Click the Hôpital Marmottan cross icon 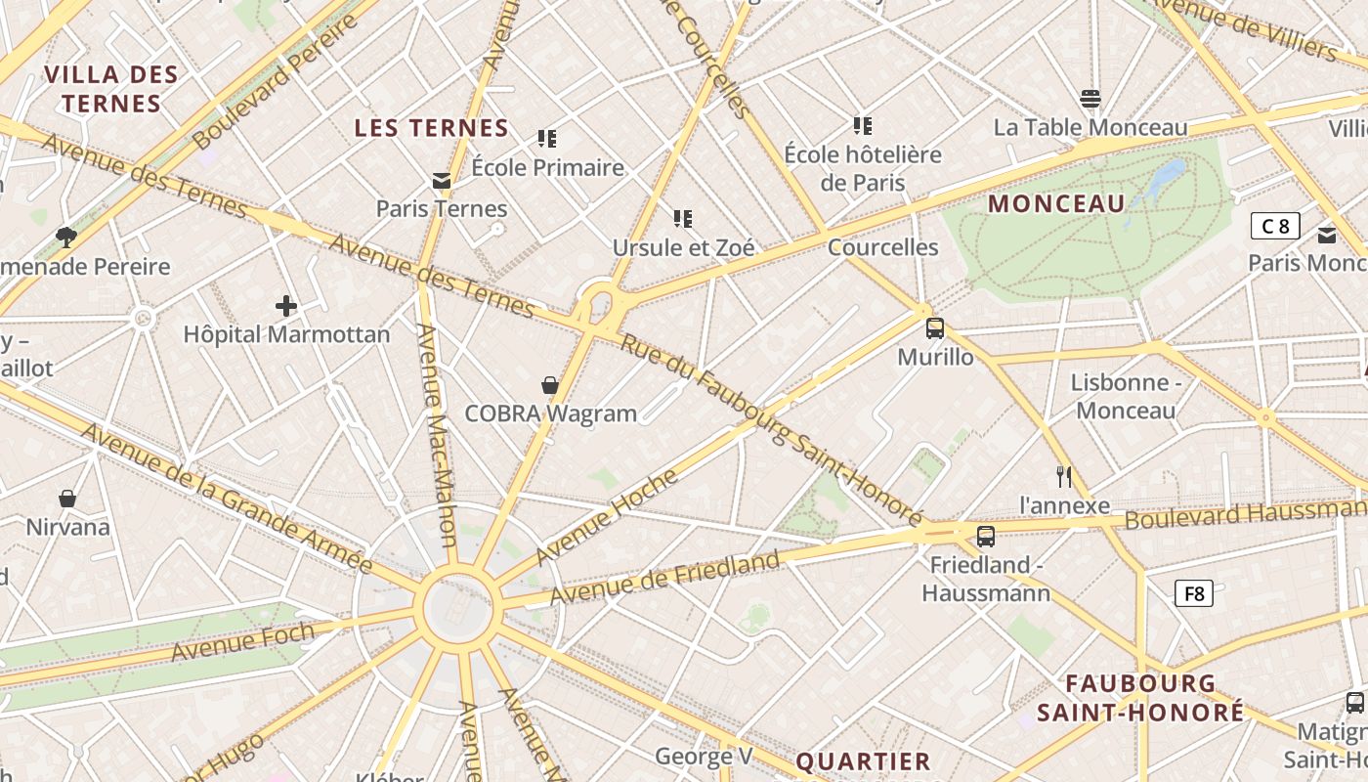point(286,306)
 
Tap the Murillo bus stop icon point(935,327)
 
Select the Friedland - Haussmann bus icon point(986,536)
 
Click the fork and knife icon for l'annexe point(1064,477)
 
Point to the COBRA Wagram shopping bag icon point(550,385)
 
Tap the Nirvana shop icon point(67,499)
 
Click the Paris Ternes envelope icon point(442,180)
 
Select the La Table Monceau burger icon point(1090,99)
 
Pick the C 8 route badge point(1275,227)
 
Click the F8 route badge point(1193,592)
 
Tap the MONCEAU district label point(1057,204)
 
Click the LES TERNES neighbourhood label point(431,128)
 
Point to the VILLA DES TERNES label point(111,89)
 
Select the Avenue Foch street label point(242,642)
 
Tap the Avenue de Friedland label point(664,578)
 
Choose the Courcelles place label point(882,247)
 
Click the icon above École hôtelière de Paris point(862,125)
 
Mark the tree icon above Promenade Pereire point(66,237)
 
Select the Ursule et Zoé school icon point(682,218)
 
